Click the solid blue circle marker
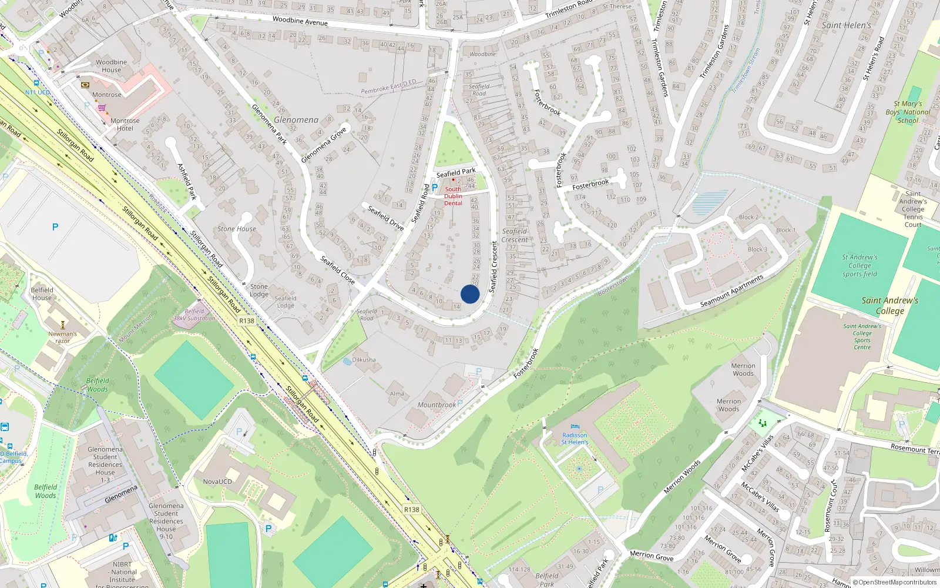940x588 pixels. tap(470, 294)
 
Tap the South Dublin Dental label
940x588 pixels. tap(453, 196)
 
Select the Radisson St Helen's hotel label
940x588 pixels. tap(574, 439)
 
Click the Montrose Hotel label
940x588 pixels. tap(125, 125)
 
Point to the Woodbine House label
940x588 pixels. tap(111, 66)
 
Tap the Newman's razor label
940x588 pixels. tap(62, 337)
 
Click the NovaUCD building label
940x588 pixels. tap(217, 482)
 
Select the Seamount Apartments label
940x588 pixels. tap(731, 292)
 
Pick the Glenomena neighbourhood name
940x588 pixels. tap(296, 120)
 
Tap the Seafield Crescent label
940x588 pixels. tap(514, 235)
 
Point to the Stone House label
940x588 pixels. tap(237, 229)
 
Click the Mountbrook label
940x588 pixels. tap(437, 405)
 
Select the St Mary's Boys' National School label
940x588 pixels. tap(908, 112)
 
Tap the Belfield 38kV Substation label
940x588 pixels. tap(194, 315)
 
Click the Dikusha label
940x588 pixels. tap(364, 360)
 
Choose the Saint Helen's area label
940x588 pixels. tap(846, 25)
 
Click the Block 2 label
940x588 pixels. tap(748, 218)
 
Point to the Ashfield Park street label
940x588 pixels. tap(187, 182)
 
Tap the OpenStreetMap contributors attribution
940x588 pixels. tap(897, 582)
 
